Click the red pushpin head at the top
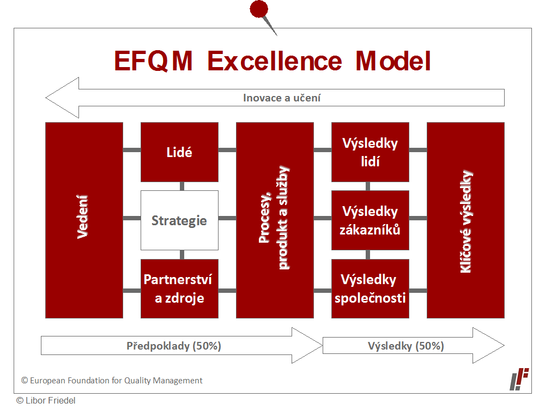point(259,9)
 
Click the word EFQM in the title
point(153,61)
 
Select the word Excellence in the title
point(275,61)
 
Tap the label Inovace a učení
point(282,98)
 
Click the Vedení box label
point(83,217)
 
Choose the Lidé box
point(179,152)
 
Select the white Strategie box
point(179,220)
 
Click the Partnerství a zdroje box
point(179,288)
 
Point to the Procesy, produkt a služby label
point(275,218)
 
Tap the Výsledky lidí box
point(370,152)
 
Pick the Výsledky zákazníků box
point(370,220)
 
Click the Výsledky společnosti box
point(370,288)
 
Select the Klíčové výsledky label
point(466,221)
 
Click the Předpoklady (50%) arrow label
point(174,346)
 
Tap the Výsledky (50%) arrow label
point(406,346)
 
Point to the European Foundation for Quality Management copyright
point(112,381)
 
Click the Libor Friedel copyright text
point(46,401)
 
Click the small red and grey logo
point(519,379)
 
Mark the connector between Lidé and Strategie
point(182,186)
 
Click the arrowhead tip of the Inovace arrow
point(46,98)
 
